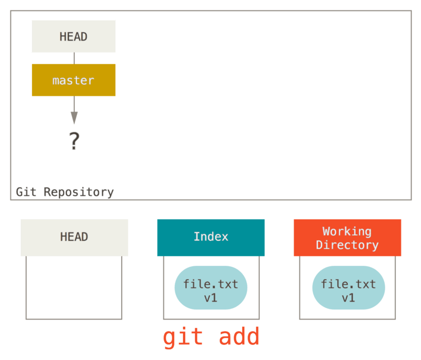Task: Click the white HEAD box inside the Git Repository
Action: (x=74, y=36)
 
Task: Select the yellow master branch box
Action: (x=74, y=80)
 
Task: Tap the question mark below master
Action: (x=74, y=141)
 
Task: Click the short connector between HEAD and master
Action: (x=74, y=58)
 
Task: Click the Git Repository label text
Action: (x=65, y=192)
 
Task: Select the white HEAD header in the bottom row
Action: (x=74, y=237)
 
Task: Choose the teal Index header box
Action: (x=210, y=237)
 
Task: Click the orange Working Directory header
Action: (x=347, y=238)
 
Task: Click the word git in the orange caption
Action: (x=183, y=337)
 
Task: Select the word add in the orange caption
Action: (x=239, y=337)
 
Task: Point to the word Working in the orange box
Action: (x=347, y=232)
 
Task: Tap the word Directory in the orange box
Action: (x=347, y=245)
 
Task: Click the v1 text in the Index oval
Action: (x=210, y=298)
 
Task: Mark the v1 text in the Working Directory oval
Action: (x=348, y=298)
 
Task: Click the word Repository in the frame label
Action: (x=79, y=192)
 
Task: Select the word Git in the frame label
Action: (x=26, y=192)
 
